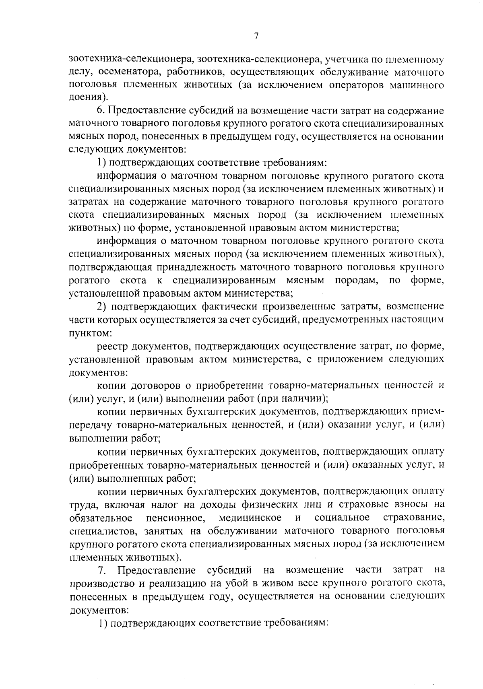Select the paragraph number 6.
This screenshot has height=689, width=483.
100,110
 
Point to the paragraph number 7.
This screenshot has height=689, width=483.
102,570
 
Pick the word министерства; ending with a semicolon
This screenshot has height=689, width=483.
365,228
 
